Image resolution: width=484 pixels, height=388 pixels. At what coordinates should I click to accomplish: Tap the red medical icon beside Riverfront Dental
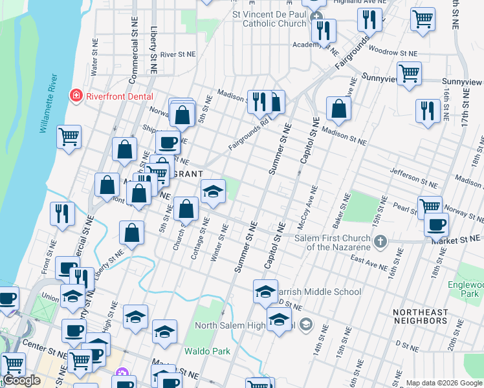pos(76,95)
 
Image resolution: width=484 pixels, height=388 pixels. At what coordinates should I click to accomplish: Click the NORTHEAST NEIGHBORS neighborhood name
pos(420,317)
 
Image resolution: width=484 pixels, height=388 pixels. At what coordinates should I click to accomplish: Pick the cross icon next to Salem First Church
pos(380,242)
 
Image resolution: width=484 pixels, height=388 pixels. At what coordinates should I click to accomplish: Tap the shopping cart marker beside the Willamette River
pos(69,136)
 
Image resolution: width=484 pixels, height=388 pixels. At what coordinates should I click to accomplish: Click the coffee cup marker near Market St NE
pos(436,224)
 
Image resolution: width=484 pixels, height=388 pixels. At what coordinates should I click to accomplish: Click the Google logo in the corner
pos(21,380)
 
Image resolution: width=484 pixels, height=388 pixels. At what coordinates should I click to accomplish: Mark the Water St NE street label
pos(94,55)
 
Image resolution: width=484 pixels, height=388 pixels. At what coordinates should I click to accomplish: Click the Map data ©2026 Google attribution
pos(444,383)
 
